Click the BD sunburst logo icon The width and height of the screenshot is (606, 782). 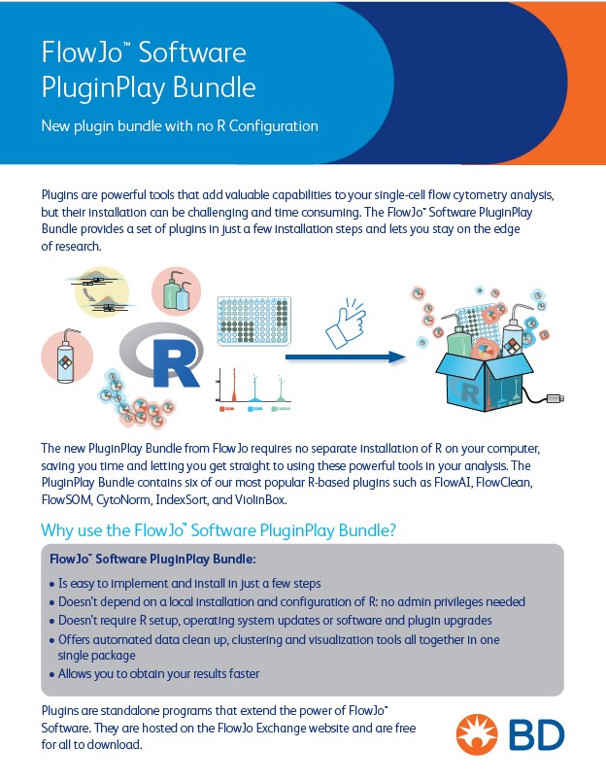480,735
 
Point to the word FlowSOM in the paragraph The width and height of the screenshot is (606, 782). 66,499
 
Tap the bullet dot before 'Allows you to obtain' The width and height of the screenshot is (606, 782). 51,674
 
